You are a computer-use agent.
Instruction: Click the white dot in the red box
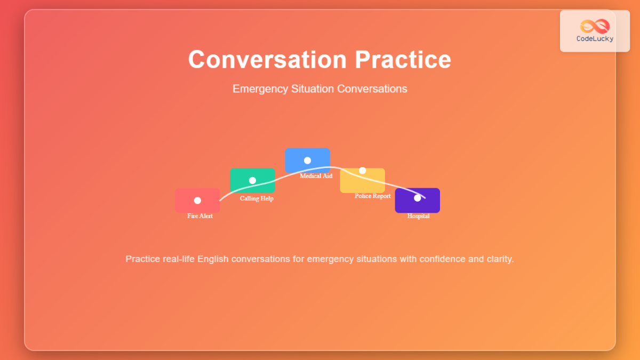197,201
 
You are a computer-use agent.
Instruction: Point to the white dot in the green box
252,180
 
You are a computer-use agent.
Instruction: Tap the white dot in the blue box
307,161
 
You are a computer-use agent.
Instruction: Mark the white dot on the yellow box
362,171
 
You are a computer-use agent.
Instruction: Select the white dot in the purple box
417,198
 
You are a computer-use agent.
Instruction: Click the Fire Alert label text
200,216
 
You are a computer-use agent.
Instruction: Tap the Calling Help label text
257,198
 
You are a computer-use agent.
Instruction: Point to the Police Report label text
372,196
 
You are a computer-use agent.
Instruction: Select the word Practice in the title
403,59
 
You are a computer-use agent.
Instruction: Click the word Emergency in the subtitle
261,89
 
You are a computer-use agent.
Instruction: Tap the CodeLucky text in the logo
595,38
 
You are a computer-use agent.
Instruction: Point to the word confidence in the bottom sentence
445,259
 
